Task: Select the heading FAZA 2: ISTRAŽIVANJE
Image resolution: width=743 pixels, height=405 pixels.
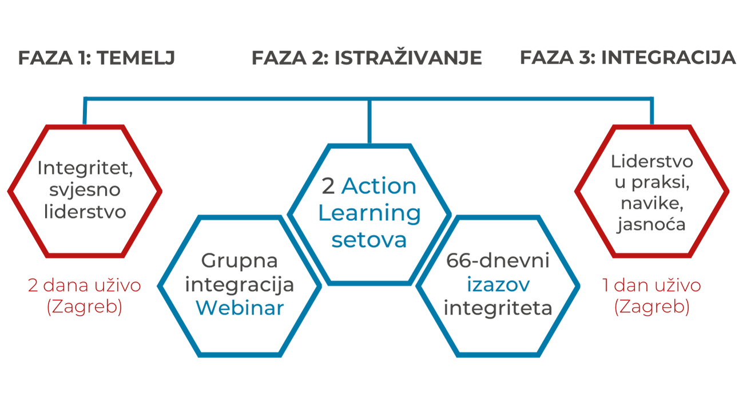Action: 367,58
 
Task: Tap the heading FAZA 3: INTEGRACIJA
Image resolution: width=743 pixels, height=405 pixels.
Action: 627,58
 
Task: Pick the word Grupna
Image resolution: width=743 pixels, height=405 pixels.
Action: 240,261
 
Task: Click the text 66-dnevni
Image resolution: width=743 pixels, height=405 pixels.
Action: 497,262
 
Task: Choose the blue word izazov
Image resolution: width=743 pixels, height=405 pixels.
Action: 497,285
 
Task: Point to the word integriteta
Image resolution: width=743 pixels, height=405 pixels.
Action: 497,308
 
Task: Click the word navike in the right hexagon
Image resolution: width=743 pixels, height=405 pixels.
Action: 651,205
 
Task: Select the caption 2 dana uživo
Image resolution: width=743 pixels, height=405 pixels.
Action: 84,286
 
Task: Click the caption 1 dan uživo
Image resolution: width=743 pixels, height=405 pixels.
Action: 651,286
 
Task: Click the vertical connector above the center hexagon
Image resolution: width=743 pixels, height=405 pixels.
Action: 369,120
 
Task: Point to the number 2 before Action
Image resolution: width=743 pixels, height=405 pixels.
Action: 328,187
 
